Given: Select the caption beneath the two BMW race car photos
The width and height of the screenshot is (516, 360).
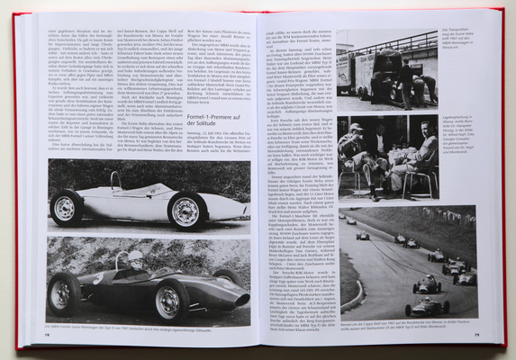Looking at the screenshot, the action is pyautogui.click(x=148, y=329).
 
